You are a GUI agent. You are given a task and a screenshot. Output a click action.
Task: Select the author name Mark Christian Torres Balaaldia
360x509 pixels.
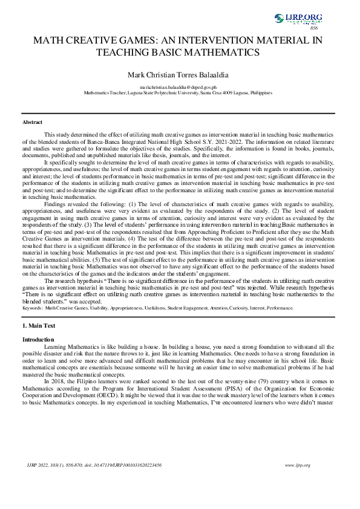(x=180, y=75)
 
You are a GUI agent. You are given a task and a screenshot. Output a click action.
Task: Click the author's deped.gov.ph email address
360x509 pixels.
(x=180, y=88)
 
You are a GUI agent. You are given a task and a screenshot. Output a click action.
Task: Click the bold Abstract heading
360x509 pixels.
(x=32, y=122)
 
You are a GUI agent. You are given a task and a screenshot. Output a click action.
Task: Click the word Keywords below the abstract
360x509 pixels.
(x=32, y=308)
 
